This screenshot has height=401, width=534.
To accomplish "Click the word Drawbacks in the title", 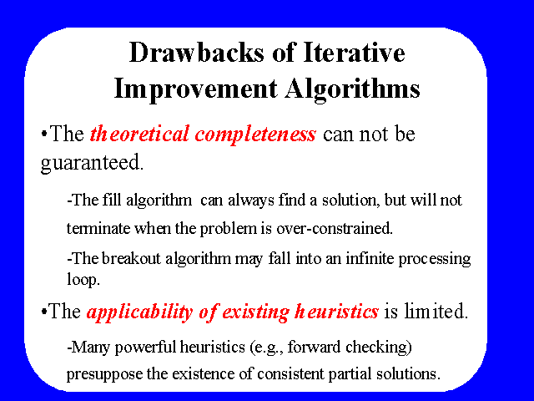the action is [197, 53].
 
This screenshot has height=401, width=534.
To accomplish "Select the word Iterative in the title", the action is [354, 53].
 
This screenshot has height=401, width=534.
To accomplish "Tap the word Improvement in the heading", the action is [195, 89].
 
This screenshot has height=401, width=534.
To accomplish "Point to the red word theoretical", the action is [139, 134].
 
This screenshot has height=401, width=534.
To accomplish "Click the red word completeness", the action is [255, 135].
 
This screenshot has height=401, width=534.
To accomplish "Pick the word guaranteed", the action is [92, 163].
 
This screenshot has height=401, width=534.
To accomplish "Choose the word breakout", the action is [131, 258].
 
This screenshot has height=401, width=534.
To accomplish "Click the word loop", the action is [83, 280].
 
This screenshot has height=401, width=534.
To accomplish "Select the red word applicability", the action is [140, 312].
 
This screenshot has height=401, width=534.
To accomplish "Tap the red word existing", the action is [256, 312].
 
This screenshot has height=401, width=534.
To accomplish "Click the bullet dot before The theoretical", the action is [43, 133].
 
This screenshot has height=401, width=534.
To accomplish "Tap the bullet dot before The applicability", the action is [43, 311].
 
